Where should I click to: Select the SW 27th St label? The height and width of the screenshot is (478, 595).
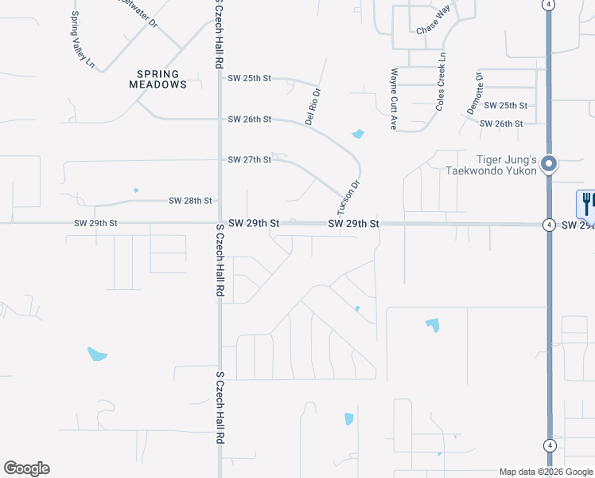[x=250, y=160]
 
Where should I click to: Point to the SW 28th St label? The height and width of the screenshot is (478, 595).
[x=190, y=201]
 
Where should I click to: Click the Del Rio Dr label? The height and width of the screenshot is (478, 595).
[x=313, y=106]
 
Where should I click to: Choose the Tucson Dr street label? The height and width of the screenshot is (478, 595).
[x=348, y=197]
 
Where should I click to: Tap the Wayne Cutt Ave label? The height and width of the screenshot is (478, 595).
[x=394, y=99]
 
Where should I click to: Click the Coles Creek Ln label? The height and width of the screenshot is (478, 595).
[x=441, y=81]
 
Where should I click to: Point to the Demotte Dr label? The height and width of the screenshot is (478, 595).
[x=475, y=94]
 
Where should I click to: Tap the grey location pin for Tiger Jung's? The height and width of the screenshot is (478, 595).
[x=548, y=165]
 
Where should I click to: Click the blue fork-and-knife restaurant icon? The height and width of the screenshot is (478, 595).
[x=587, y=204]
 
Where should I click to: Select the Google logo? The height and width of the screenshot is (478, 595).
[x=26, y=468]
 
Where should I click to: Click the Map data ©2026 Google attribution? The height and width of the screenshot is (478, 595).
[x=546, y=472]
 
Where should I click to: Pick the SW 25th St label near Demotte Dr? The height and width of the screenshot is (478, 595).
[x=506, y=106]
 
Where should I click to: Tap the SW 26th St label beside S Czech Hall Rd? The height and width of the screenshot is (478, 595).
[x=250, y=119]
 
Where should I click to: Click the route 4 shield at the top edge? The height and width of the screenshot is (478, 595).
[x=550, y=5]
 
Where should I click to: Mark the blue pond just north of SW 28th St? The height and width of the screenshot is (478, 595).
[x=136, y=190]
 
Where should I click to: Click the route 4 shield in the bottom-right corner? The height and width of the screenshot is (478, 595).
[x=550, y=444]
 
